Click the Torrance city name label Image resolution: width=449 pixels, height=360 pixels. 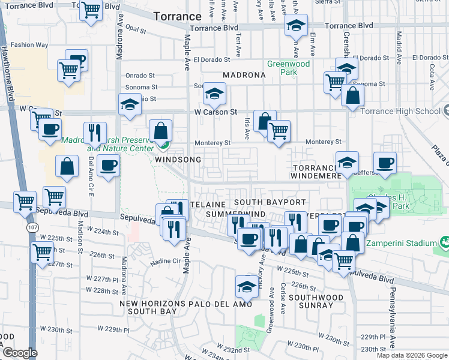coord(177,16)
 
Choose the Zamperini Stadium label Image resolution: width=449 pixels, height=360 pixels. coord(407,244)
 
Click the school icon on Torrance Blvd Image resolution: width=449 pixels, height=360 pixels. coord(295,26)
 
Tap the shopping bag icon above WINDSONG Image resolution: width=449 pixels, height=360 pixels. coord(161,130)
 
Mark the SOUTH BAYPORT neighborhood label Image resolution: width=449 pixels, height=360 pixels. coord(270,202)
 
